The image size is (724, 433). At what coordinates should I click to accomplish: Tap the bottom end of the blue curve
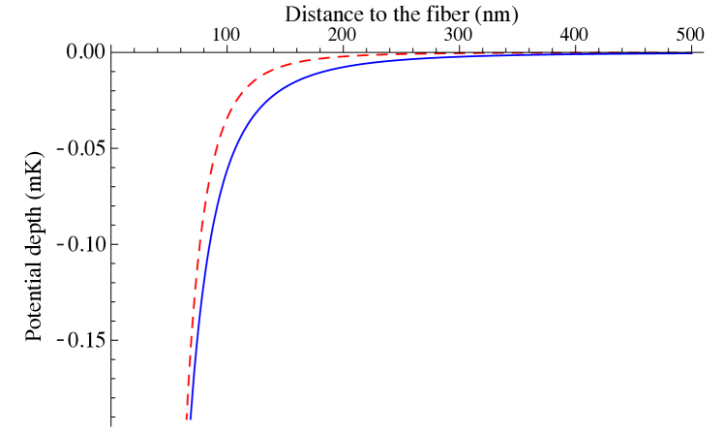(190, 418)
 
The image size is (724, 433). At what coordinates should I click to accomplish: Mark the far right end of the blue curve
(692, 53)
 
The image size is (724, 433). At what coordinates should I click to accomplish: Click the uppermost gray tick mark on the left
(60, 149)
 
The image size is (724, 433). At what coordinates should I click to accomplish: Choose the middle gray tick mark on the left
(60, 244)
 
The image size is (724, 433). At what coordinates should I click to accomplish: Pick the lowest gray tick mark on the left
(60, 340)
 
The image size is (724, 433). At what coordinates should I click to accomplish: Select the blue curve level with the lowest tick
(196, 340)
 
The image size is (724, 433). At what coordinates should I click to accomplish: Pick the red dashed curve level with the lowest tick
(191, 340)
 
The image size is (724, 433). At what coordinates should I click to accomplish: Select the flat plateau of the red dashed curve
(484, 53)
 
